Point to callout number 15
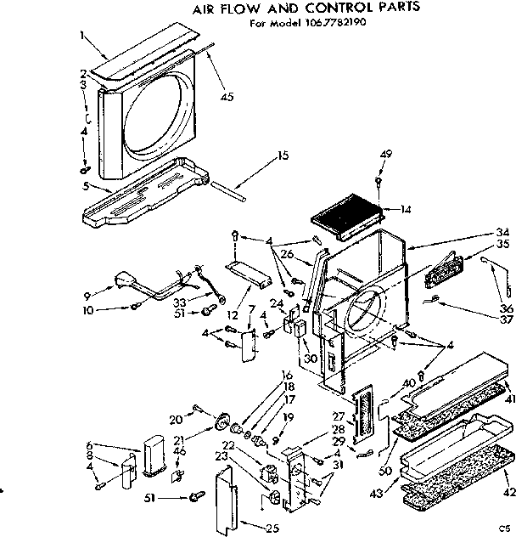coord(283,155)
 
